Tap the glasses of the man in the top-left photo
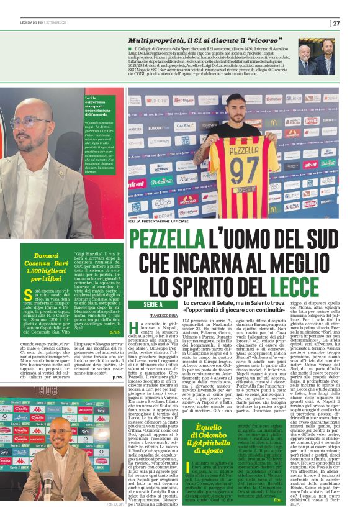click(x=30, y=122)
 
